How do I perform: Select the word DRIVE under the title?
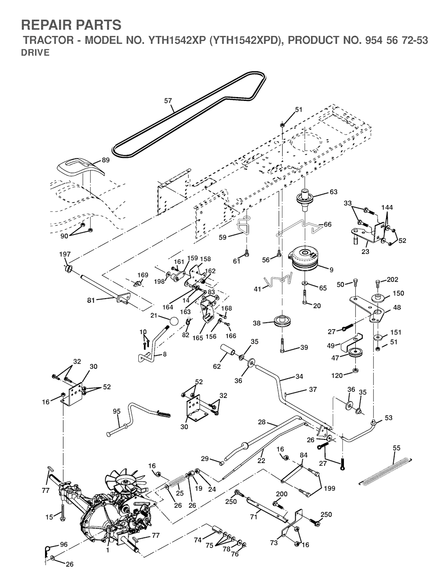coord(35,53)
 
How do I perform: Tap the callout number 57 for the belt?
coord(168,101)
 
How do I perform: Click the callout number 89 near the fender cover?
coord(105,160)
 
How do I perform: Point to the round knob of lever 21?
coord(174,321)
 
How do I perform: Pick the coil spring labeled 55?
coord(385,470)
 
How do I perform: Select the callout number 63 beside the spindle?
coord(333,192)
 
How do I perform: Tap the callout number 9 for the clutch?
coord(332,270)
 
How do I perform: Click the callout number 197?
coord(65,254)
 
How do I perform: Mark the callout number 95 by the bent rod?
coord(116,411)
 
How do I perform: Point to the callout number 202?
coord(392,280)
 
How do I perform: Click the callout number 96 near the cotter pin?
coord(64,544)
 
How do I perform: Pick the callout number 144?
coord(387,207)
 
